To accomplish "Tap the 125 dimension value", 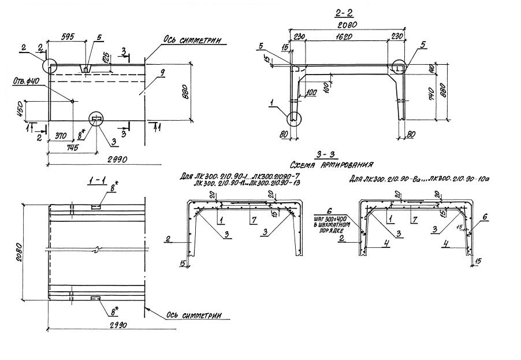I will click(x=106, y=58).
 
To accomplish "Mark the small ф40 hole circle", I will click(x=72, y=101).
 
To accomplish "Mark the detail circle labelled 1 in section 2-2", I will click(x=294, y=118).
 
